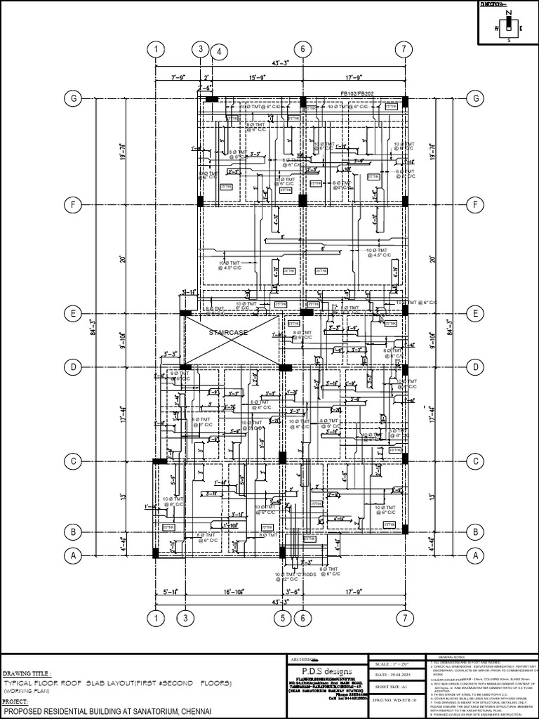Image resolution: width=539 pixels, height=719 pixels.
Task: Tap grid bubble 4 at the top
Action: [219, 52]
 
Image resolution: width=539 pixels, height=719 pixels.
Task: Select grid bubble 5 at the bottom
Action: [282, 618]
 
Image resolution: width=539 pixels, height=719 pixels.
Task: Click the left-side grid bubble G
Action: [72, 98]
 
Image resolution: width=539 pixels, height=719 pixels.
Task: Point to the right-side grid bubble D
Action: [476, 367]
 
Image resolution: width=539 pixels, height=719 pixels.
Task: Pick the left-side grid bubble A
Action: [72, 555]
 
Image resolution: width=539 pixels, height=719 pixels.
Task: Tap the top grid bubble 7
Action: [404, 49]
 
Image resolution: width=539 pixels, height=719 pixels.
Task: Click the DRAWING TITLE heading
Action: [27, 672]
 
